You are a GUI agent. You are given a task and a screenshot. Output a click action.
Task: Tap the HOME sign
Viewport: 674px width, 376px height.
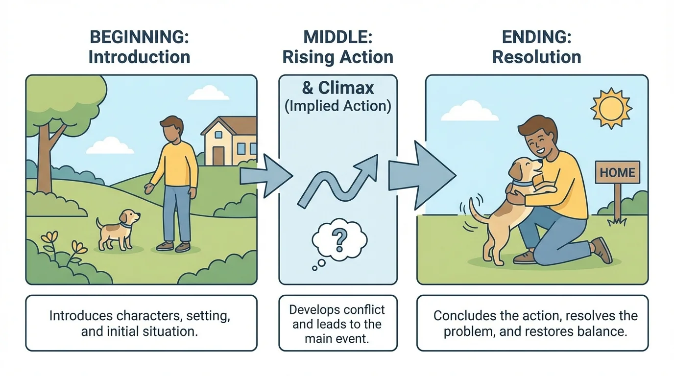click(617, 172)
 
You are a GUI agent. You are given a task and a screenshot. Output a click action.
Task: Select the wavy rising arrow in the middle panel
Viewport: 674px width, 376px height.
click(338, 181)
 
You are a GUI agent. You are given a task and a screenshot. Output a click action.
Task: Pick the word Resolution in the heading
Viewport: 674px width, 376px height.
click(536, 57)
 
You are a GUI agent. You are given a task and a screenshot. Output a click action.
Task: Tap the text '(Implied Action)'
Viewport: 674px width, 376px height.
click(338, 106)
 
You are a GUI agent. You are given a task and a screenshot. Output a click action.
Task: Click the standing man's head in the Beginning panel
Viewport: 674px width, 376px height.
click(172, 129)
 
